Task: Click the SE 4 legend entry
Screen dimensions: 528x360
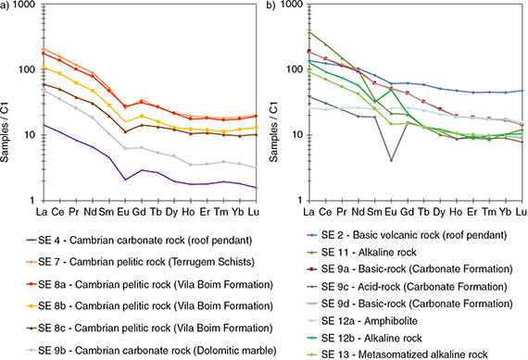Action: click(x=139, y=241)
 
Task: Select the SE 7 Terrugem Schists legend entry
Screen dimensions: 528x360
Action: click(x=141, y=262)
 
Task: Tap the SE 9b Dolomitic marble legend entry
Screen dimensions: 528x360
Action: click(x=152, y=350)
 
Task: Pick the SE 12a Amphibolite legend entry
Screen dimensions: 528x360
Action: click(x=363, y=320)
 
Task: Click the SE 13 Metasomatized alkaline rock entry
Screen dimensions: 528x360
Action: click(x=398, y=354)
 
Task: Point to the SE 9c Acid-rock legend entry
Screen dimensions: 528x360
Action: click(x=408, y=287)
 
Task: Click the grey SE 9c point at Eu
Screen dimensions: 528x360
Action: click(x=391, y=160)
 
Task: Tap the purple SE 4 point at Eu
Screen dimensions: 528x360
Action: click(x=125, y=180)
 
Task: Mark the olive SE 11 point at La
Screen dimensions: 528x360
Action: click(x=309, y=32)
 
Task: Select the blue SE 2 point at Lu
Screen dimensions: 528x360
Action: click(x=522, y=91)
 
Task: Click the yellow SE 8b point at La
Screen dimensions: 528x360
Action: click(x=44, y=68)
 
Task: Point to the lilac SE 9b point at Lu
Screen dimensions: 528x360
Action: click(x=256, y=168)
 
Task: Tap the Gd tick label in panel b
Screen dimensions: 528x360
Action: click(x=407, y=212)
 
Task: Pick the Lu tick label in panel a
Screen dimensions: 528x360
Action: click(x=253, y=212)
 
